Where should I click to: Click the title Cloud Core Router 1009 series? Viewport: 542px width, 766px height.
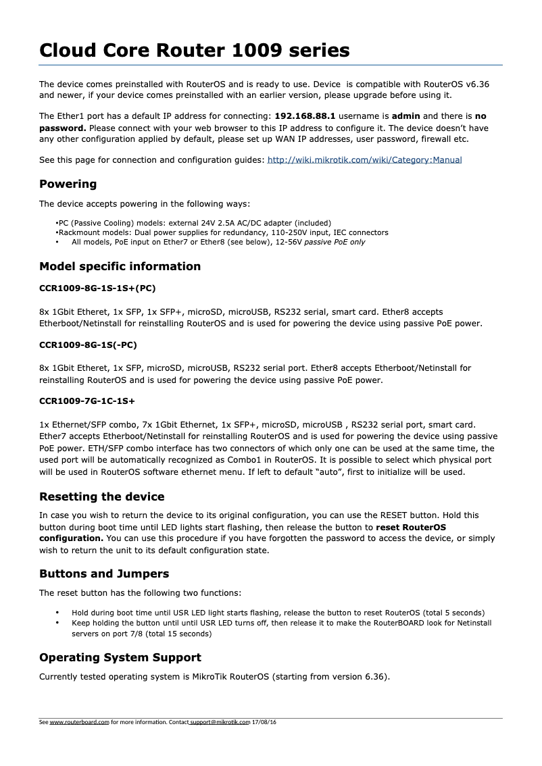point(195,50)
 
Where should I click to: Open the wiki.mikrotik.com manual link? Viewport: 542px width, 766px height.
point(365,160)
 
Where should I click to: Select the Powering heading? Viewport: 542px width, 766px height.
point(68,184)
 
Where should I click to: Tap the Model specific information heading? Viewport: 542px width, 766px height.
point(120,266)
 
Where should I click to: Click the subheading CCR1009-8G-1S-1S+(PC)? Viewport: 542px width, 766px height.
point(97,288)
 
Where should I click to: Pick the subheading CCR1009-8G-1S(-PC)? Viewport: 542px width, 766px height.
point(88,345)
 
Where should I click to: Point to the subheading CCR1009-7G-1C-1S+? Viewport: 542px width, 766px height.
point(87,401)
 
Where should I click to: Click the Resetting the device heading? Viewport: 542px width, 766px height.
point(101,496)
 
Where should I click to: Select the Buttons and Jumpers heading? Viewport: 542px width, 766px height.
point(104,573)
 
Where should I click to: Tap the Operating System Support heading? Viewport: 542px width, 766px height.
point(120,657)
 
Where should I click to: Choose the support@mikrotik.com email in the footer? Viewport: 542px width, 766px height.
point(220,722)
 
